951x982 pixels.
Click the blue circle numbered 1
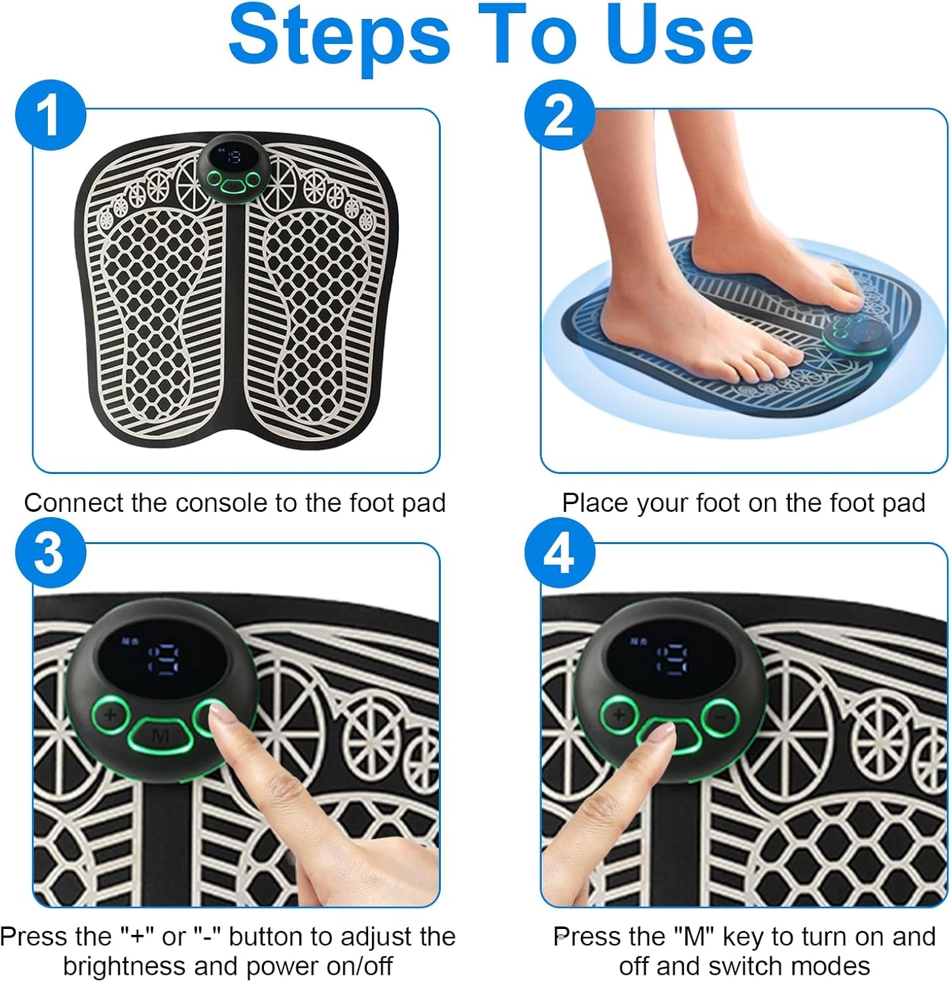coord(50,116)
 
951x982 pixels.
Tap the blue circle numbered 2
coord(559,116)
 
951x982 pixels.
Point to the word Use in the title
coord(680,35)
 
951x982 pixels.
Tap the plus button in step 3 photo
coord(109,714)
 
